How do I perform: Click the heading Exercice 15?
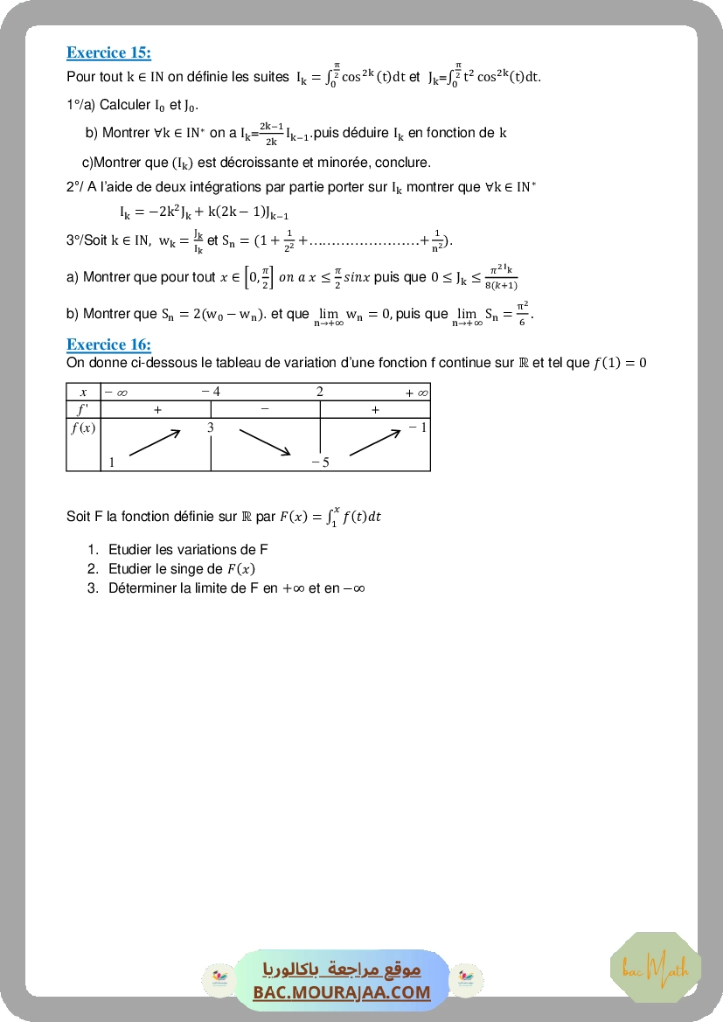pyautogui.click(x=108, y=52)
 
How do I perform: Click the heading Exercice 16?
pyautogui.click(x=108, y=344)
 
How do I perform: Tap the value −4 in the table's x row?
pyautogui.click(x=211, y=392)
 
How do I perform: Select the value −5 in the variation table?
pyautogui.click(x=320, y=462)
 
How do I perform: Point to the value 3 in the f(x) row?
pyautogui.click(x=211, y=428)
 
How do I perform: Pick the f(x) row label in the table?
pyautogui.click(x=83, y=428)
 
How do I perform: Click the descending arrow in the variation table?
pyautogui.click(x=264, y=441)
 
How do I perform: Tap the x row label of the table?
pyautogui.click(x=83, y=393)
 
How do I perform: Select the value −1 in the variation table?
pyautogui.click(x=417, y=428)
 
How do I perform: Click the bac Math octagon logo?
pyautogui.click(x=656, y=967)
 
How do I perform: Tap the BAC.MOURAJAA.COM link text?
pyautogui.click(x=342, y=992)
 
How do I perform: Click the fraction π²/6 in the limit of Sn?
pyautogui.click(x=522, y=312)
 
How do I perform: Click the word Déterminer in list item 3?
pyautogui.click(x=142, y=588)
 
